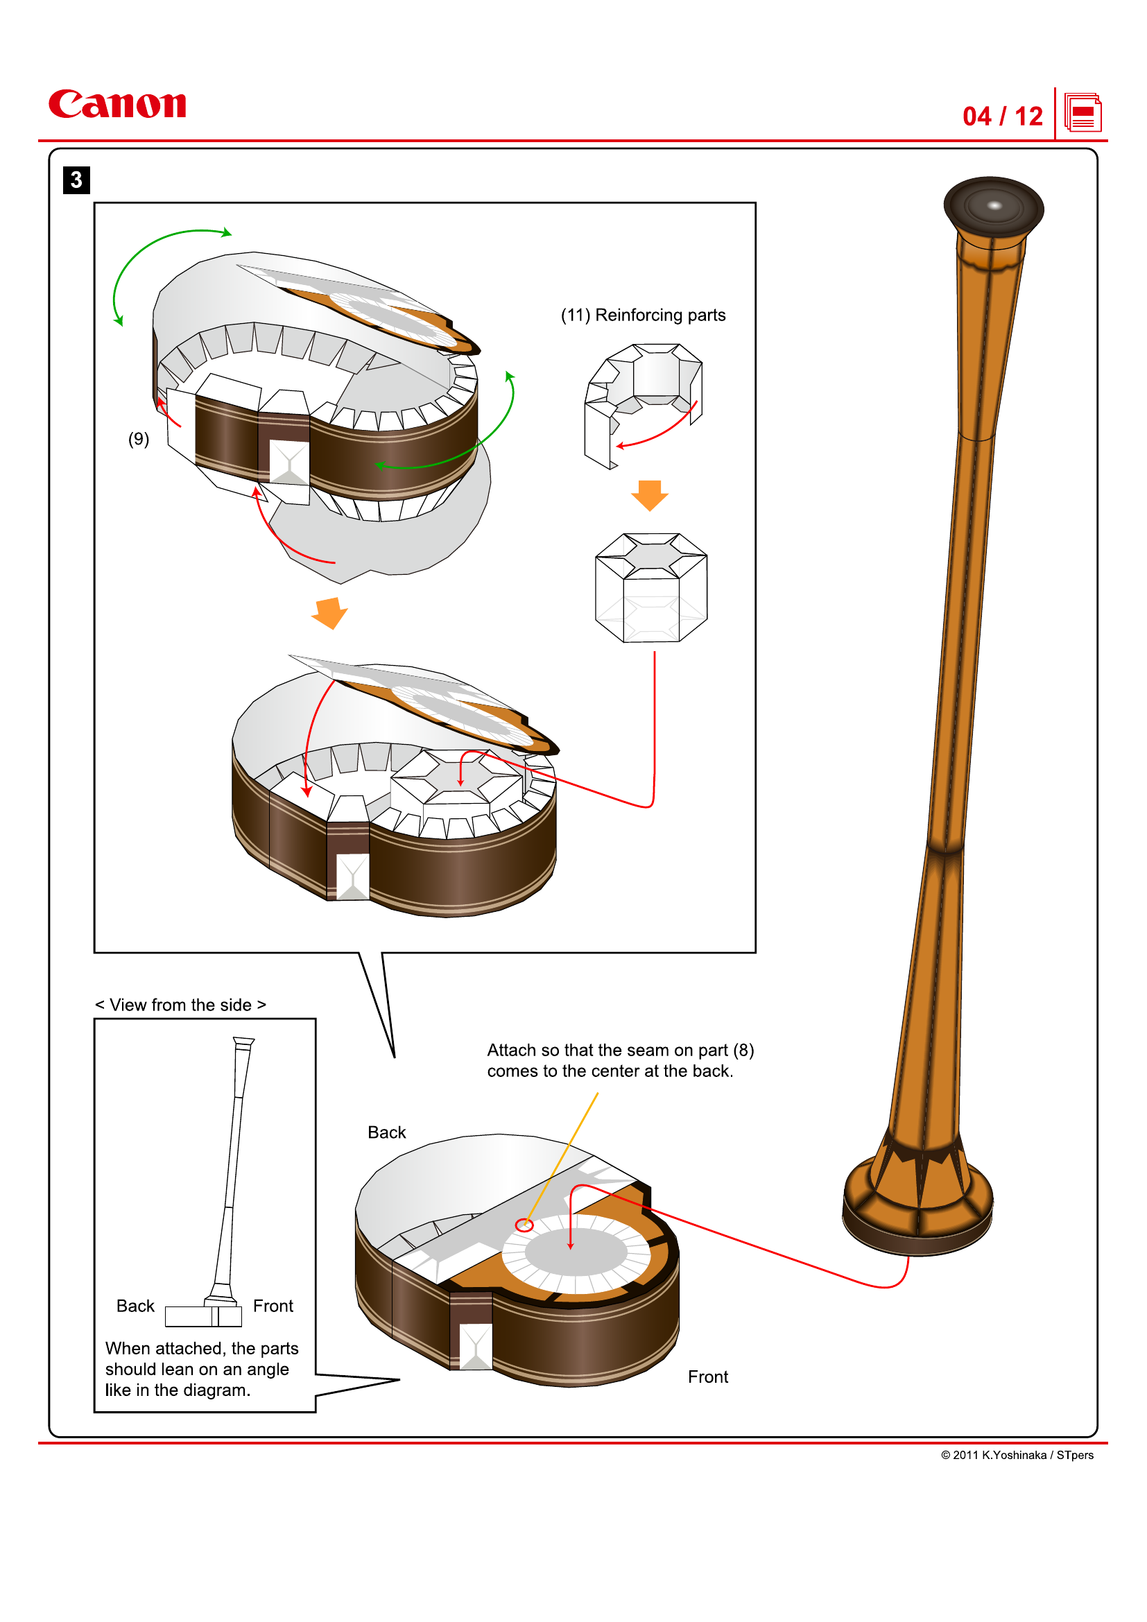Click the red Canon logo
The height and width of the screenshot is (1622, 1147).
(x=117, y=104)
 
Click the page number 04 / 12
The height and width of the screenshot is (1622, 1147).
(x=1001, y=116)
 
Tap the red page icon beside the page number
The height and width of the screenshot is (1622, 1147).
(x=1082, y=113)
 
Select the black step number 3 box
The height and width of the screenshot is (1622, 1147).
(x=76, y=180)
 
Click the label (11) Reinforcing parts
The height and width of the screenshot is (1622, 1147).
(x=643, y=315)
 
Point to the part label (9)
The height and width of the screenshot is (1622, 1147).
(x=139, y=440)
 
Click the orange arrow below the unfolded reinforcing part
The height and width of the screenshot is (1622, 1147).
(x=649, y=494)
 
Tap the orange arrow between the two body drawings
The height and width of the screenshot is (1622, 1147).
(x=330, y=612)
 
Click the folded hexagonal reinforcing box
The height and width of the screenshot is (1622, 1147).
(x=650, y=588)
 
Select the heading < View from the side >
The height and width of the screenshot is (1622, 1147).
(x=181, y=1005)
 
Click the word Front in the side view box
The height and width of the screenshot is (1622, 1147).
(x=273, y=1306)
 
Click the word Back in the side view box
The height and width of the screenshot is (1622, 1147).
(x=135, y=1306)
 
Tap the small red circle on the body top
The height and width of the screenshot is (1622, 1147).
(x=524, y=1225)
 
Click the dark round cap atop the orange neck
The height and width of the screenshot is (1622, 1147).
(x=993, y=207)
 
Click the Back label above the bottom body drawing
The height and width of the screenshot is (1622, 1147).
(x=386, y=1132)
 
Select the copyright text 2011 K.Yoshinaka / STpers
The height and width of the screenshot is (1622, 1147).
(x=1017, y=1456)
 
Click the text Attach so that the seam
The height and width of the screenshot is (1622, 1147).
(x=620, y=1051)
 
